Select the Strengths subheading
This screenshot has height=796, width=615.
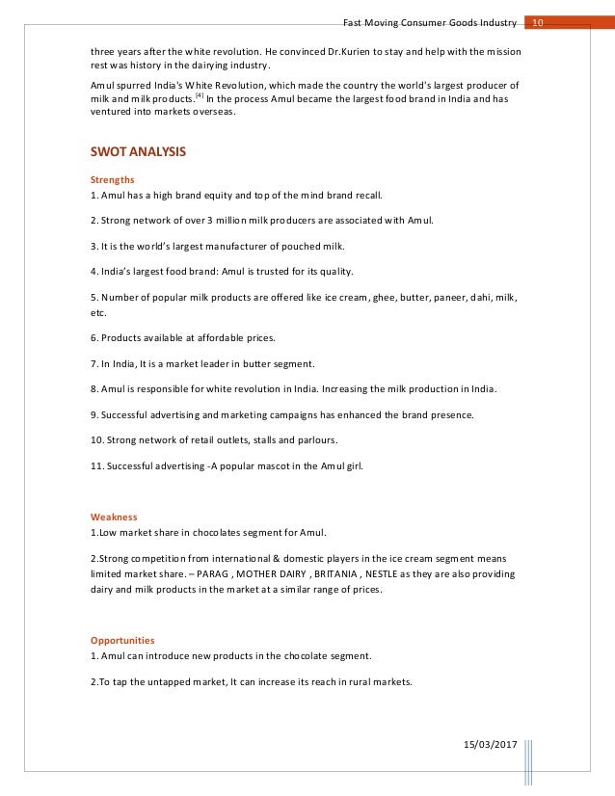112,178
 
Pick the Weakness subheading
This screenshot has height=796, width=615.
114,517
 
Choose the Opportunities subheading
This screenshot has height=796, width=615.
121,640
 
